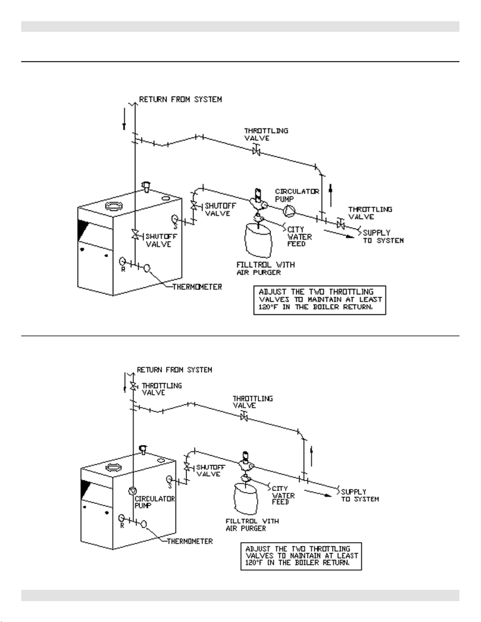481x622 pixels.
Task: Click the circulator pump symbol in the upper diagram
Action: click(288, 211)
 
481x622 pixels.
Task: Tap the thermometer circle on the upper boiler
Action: click(147, 269)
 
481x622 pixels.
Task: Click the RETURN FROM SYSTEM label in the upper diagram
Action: click(181, 99)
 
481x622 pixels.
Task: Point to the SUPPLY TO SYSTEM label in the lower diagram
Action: click(360, 495)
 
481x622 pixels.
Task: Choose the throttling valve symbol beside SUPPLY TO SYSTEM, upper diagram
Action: click(341, 224)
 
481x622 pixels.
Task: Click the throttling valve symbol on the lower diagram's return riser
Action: click(133, 386)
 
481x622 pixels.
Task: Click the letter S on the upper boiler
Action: click(175, 226)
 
